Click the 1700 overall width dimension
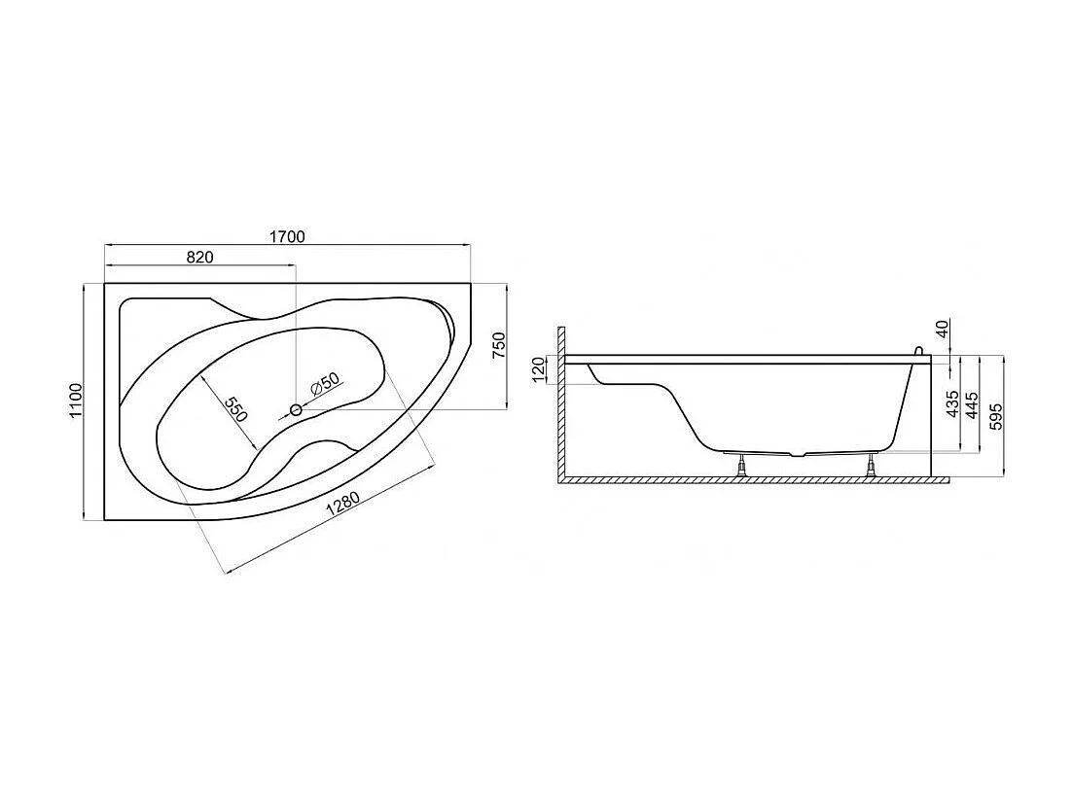click(287, 236)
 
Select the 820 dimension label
click(198, 258)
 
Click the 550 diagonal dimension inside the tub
click(235, 409)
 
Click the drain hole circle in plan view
click(297, 410)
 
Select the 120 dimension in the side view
click(540, 370)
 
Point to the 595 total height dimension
click(995, 415)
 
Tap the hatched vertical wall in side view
click(561, 399)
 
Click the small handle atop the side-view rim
click(916, 350)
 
